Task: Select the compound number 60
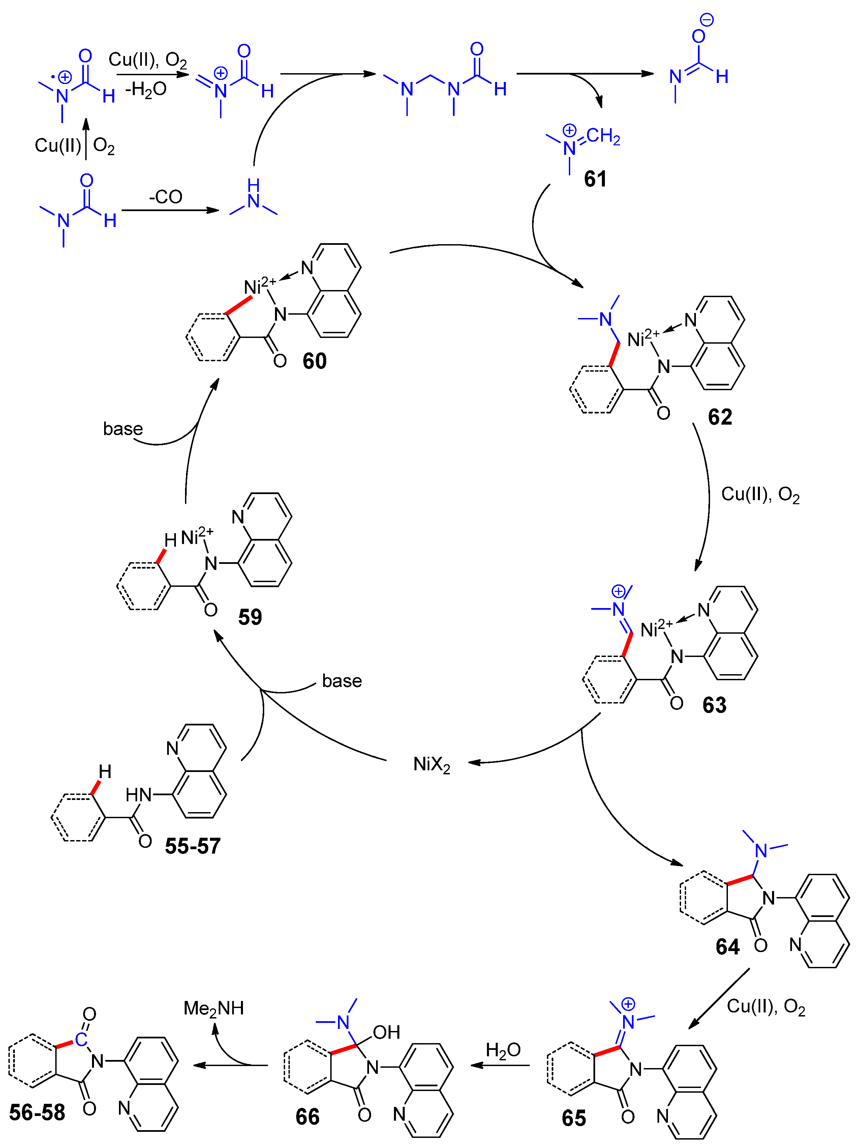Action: point(314,361)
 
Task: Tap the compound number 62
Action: point(719,417)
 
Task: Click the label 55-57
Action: point(192,846)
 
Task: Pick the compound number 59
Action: point(250,617)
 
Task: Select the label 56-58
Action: point(37,1112)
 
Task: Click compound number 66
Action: point(308,1117)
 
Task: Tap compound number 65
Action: point(574,1118)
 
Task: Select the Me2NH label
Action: point(214,1008)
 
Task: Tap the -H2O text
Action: point(146,90)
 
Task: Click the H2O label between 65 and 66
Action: point(503,1051)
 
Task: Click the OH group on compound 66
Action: point(387,1032)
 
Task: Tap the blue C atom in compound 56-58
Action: point(81,1039)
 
